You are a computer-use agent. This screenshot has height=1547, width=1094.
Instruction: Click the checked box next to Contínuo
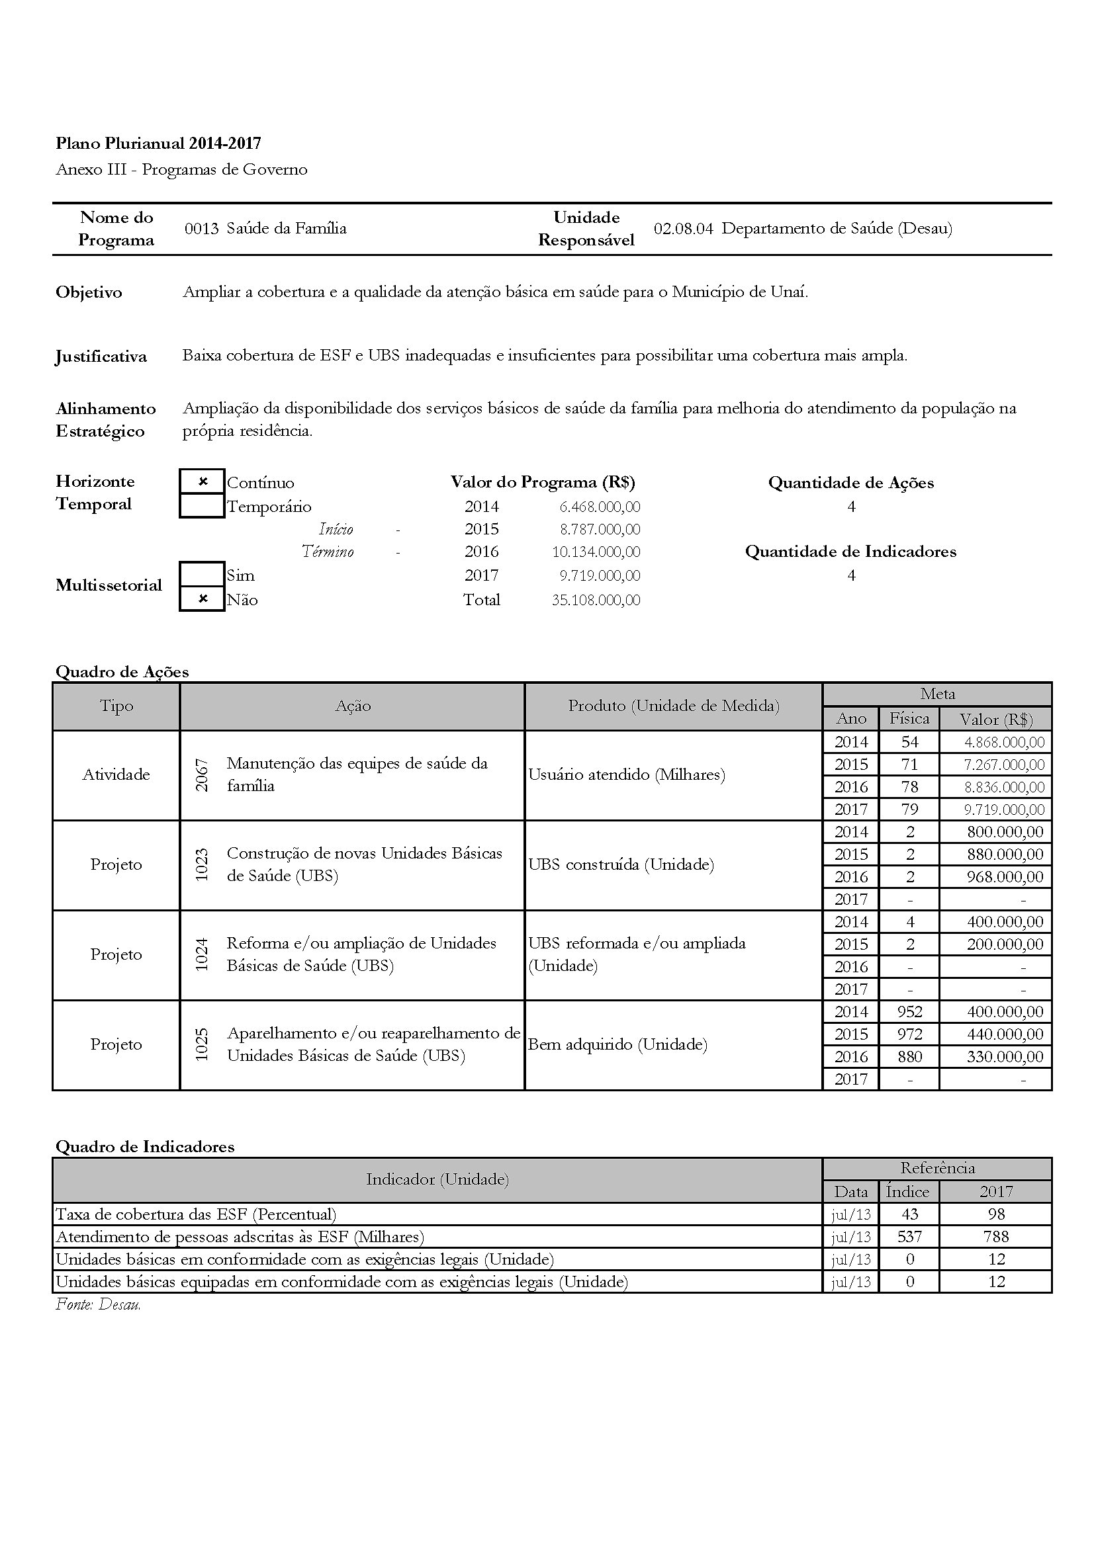click(x=203, y=481)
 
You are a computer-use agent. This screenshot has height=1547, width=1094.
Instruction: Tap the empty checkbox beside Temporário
click(x=203, y=505)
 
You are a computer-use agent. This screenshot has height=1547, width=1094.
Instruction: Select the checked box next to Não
click(x=203, y=599)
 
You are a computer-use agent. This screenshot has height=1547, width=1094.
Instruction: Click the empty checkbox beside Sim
click(x=203, y=574)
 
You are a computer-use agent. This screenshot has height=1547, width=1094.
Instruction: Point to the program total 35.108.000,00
click(x=596, y=600)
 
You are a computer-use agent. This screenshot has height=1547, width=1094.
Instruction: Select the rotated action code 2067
click(x=202, y=775)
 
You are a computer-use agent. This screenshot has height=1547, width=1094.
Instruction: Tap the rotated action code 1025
click(x=202, y=1044)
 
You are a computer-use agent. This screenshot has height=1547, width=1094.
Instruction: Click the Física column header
click(x=909, y=718)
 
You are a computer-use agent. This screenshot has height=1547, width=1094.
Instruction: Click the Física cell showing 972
click(x=909, y=1034)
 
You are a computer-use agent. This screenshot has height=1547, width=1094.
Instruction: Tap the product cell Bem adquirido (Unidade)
click(x=617, y=1044)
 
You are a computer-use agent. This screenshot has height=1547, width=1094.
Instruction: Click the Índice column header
click(x=907, y=1191)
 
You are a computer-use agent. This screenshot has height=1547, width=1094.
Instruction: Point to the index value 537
click(x=909, y=1236)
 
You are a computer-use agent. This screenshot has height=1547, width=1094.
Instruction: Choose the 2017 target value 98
click(x=995, y=1214)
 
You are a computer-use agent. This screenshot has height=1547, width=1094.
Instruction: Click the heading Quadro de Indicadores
click(x=145, y=1146)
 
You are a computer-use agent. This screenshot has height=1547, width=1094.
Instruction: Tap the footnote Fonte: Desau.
click(x=99, y=1304)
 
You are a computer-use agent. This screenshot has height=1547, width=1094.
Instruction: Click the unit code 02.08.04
click(x=683, y=228)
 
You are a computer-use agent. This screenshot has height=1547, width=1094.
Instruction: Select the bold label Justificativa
click(x=101, y=356)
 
